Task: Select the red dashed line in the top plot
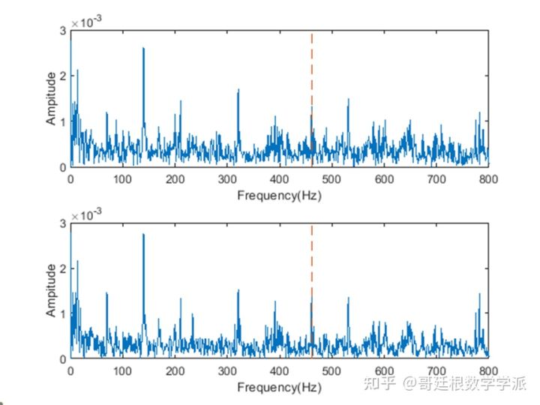(x=311, y=75)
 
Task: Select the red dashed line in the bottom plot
(x=311, y=262)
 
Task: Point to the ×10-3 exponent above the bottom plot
(x=85, y=214)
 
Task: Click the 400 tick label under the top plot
(x=280, y=179)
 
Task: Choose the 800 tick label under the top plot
(x=488, y=179)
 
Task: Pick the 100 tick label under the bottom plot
(x=123, y=371)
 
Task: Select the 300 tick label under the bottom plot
(x=227, y=371)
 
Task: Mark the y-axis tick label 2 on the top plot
(x=64, y=76)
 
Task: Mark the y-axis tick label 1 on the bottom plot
(x=64, y=313)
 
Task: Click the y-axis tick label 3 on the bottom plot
(x=64, y=223)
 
